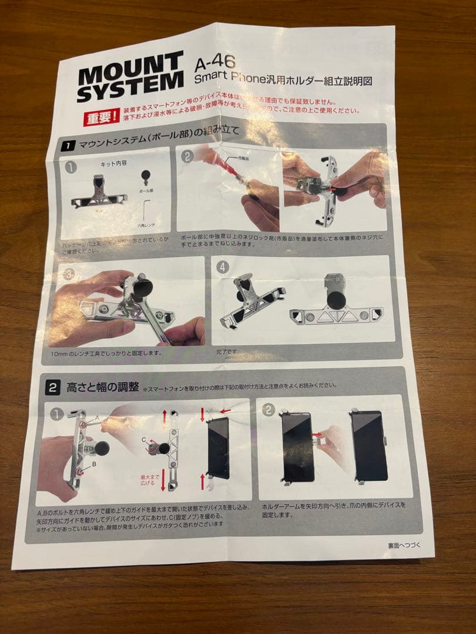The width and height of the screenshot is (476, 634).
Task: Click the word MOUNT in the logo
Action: (130, 69)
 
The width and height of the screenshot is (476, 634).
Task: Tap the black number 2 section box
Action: (53, 388)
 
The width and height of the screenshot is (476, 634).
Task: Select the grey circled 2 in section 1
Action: (186, 156)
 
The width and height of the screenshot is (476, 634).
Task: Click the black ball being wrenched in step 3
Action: (141, 287)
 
